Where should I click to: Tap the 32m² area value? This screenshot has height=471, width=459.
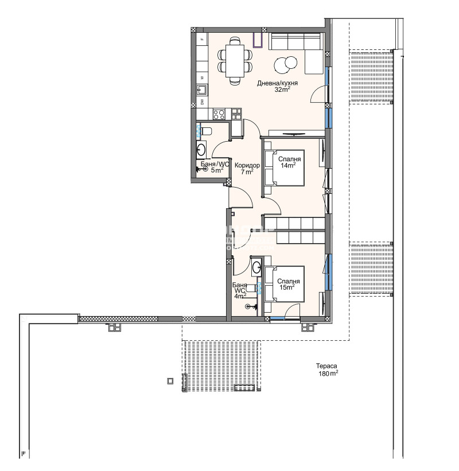[x=282, y=89]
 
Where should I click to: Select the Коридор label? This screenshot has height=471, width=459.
[x=247, y=165]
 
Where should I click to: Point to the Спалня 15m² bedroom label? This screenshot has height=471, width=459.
[x=288, y=285]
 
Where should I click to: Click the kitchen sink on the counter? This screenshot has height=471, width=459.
[x=201, y=89]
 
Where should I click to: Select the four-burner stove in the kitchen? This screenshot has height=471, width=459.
[x=219, y=114]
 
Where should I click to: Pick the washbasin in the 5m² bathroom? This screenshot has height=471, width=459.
[x=201, y=150]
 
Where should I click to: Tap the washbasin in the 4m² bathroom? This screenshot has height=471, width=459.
[x=256, y=267]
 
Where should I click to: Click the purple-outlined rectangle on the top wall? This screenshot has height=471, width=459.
[x=259, y=39]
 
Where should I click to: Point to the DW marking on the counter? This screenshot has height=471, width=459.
[x=201, y=102]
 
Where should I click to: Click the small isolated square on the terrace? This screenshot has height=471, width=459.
[x=170, y=380]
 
